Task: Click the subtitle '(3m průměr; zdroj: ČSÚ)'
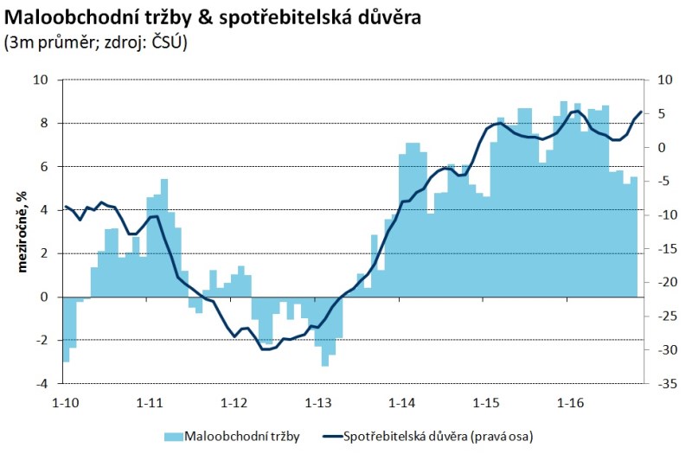96,41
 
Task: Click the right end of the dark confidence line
641,112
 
